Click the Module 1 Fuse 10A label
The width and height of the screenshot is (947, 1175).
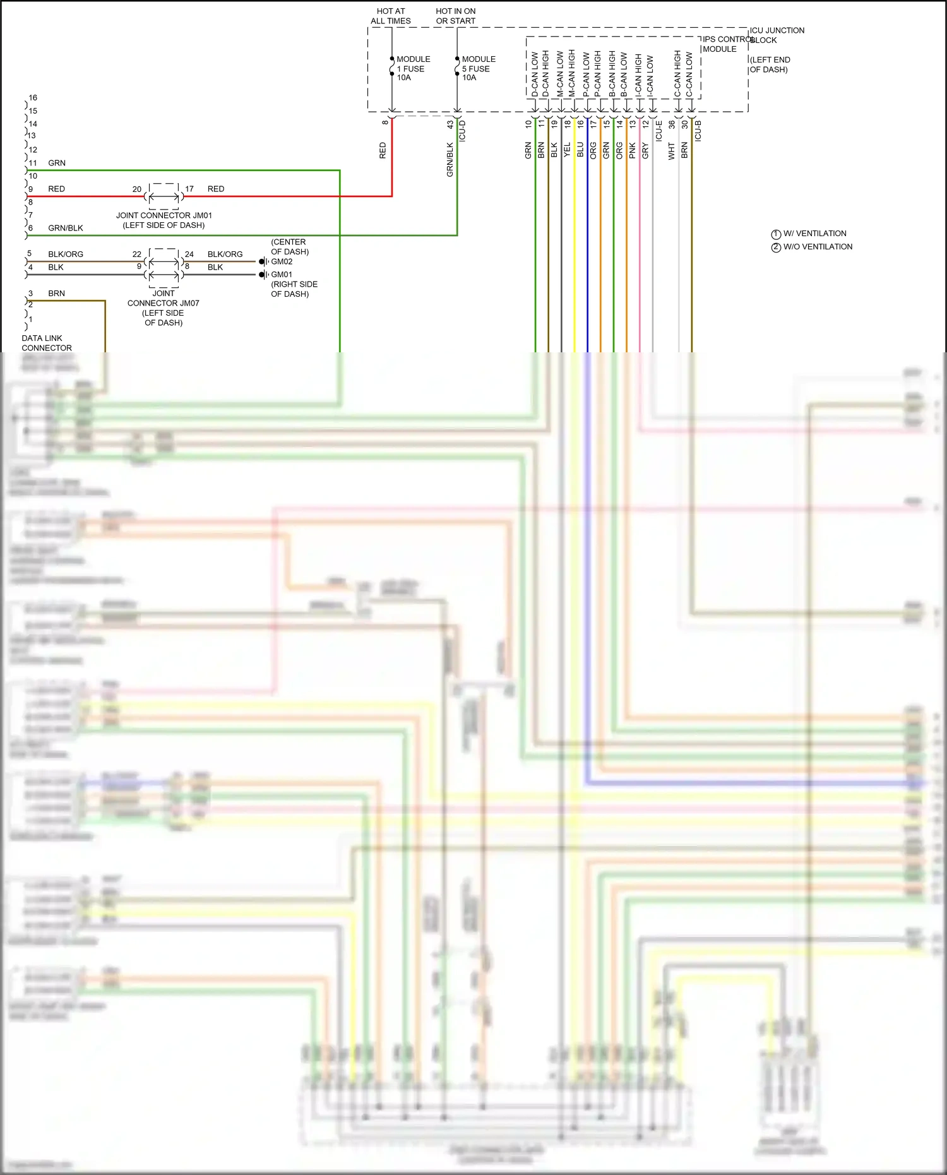[x=412, y=68]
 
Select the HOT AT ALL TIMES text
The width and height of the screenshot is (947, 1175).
[x=391, y=16]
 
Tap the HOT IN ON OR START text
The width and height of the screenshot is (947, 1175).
[x=456, y=16]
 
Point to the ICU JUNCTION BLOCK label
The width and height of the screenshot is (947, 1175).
[x=777, y=35]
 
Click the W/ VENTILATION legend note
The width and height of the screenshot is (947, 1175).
[x=814, y=234]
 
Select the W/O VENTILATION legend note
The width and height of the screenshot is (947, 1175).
[x=817, y=247]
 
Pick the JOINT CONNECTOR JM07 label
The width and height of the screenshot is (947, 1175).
[x=164, y=307]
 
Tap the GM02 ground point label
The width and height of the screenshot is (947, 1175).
[x=282, y=261]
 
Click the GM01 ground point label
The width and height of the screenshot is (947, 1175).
[x=282, y=275]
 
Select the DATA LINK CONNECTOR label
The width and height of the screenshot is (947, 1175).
[x=47, y=343]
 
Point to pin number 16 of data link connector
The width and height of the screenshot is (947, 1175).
[x=33, y=98]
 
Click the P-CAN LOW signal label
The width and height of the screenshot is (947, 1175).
[x=587, y=75]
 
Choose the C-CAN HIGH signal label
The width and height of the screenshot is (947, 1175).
[x=677, y=75]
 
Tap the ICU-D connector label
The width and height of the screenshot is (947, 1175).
[x=462, y=130]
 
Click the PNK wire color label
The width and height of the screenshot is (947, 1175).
[x=633, y=150]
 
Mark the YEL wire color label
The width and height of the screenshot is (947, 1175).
[x=567, y=150]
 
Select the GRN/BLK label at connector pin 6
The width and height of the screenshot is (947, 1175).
[x=66, y=228]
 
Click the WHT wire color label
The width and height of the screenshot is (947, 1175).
[x=672, y=150]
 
